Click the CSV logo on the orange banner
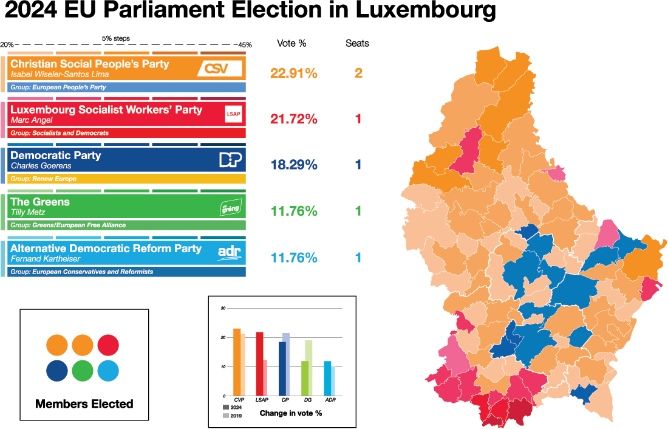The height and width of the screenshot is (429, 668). (x=220, y=69)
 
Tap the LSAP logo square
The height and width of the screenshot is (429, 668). (x=233, y=114)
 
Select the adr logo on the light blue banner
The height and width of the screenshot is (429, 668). (x=229, y=252)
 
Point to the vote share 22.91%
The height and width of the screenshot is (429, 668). (x=294, y=74)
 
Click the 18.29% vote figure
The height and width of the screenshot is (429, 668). (x=294, y=165)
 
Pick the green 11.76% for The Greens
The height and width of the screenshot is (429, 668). (x=294, y=211)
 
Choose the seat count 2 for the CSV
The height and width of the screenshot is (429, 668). (x=358, y=74)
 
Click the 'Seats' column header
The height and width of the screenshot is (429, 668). (x=357, y=43)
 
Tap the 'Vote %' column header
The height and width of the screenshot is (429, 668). (x=291, y=43)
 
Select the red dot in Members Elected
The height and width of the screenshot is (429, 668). (x=107, y=345)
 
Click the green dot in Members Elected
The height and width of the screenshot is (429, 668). (x=83, y=370)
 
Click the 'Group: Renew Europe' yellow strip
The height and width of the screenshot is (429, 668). (x=128, y=179)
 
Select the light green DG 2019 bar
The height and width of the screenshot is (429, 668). (x=308, y=368)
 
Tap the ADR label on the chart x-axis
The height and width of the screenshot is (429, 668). (x=330, y=400)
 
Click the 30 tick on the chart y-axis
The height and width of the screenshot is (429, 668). (x=222, y=309)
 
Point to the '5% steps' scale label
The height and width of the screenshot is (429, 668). (x=115, y=38)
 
